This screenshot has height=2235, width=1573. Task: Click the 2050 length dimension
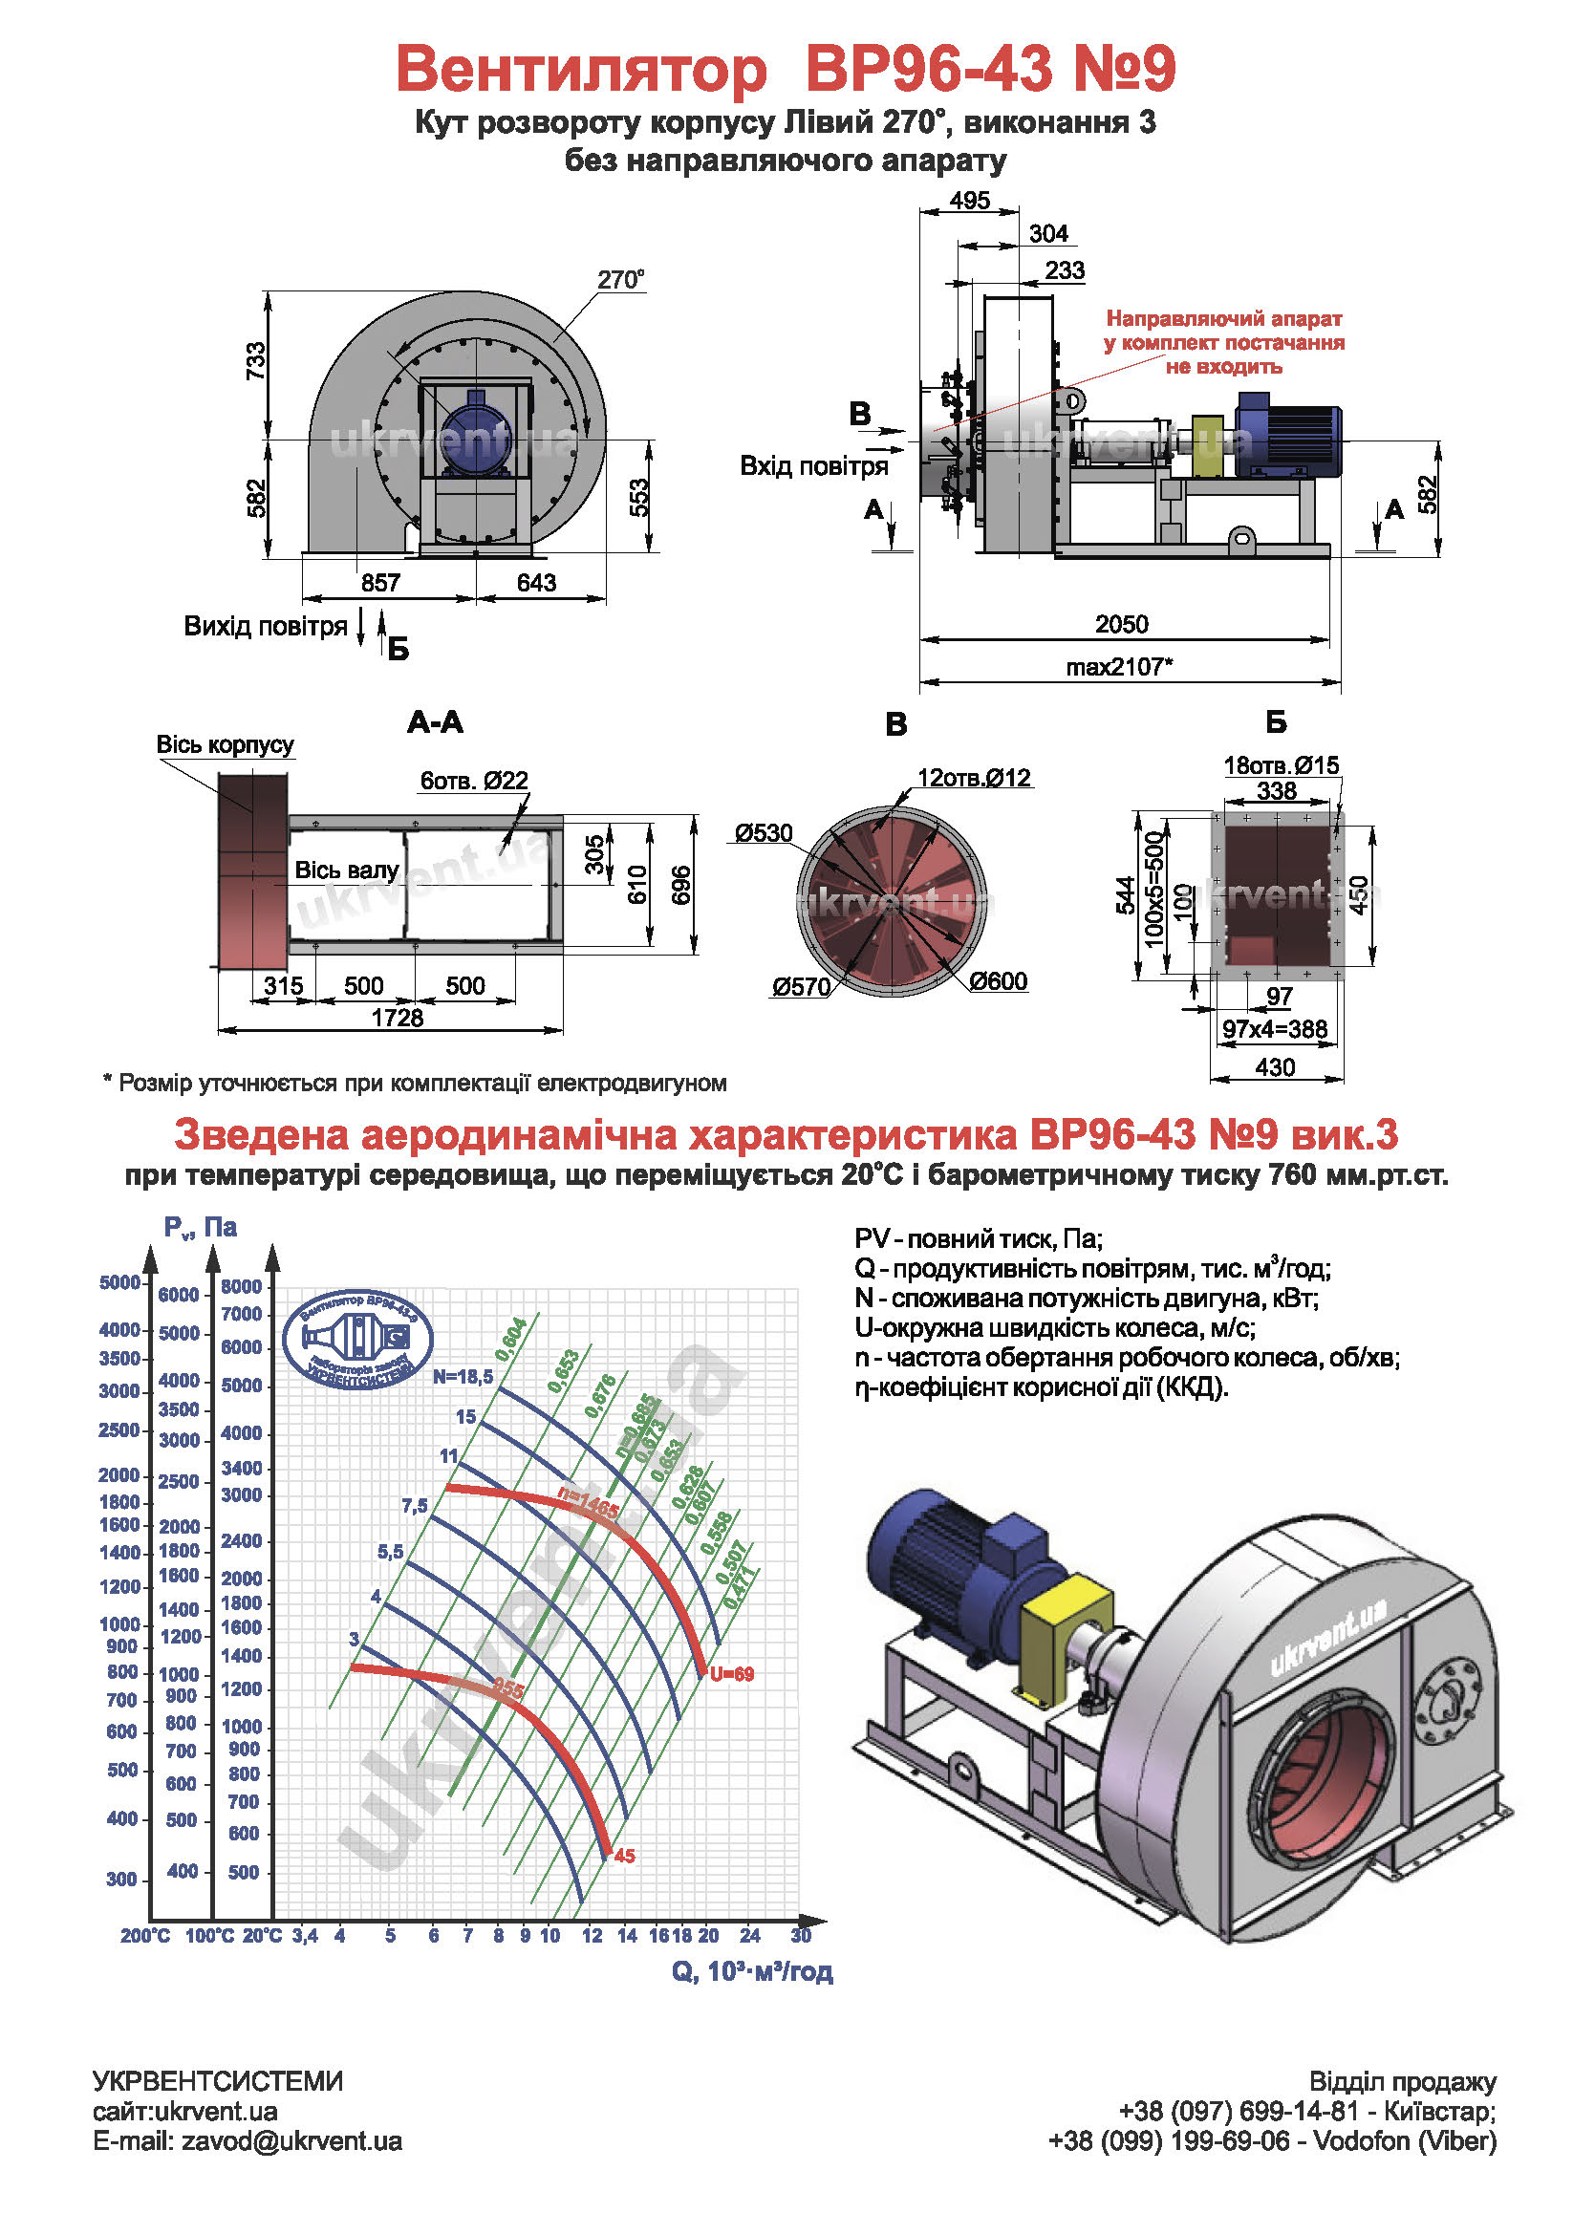[1121, 624]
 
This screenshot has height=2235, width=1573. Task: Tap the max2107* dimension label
[1119, 667]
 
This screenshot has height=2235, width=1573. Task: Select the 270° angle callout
[620, 280]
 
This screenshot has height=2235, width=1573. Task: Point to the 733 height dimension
[255, 360]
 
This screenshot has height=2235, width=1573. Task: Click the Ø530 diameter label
[765, 833]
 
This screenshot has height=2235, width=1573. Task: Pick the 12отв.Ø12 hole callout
[974, 778]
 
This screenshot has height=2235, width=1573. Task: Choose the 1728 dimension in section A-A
[398, 1019]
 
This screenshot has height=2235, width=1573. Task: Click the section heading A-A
[435, 722]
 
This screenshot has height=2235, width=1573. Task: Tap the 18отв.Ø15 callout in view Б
[1281, 765]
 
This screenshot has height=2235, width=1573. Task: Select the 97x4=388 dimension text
[1275, 1029]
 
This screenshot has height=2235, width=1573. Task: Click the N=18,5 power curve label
[463, 1376]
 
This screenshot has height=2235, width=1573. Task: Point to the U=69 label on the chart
[732, 1674]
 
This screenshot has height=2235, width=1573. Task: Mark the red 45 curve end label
[625, 1856]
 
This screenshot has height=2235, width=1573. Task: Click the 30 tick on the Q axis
[801, 1935]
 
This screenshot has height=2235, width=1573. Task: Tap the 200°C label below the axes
[145, 1936]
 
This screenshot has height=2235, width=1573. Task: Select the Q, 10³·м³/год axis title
[751, 1971]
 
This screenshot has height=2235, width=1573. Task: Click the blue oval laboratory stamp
[357, 1340]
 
